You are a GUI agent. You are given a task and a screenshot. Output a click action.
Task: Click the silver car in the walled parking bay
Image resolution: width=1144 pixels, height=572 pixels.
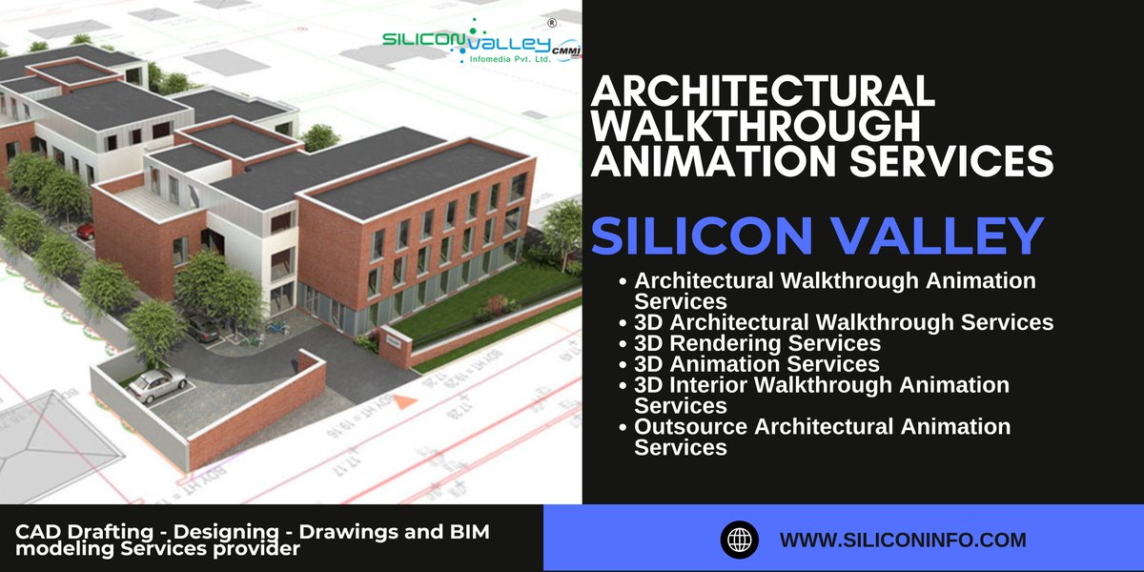pyautogui.click(x=157, y=384)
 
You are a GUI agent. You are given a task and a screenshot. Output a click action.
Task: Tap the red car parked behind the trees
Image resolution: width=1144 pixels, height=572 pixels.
pyautogui.click(x=85, y=230)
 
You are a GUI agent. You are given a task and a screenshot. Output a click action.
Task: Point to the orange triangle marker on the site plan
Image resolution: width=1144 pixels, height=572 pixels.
pyautogui.click(x=406, y=404)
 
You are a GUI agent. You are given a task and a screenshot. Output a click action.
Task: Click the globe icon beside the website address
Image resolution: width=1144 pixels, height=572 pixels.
pyautogui.click(x=737, y=540)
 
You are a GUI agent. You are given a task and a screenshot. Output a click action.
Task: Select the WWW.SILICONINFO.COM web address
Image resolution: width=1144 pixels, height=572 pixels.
pyautogui.click(x=903, y=540)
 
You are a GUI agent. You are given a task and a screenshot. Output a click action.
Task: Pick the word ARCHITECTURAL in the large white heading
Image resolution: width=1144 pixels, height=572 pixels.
pyautogui.click(x=763, y=92)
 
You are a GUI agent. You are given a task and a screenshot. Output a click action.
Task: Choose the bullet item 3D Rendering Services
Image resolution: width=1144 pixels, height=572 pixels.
pyautogui.click(x=757, y=342)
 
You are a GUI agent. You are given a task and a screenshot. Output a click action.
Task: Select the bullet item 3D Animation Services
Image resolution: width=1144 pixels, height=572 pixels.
pyautogui.click(x=757, y=363)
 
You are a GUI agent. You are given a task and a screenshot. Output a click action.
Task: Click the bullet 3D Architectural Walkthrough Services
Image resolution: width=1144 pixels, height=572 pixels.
pyautogui.click(x=844, y=322)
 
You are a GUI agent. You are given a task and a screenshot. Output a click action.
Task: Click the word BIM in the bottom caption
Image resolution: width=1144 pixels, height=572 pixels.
pyautogui.click(x=463, y=532)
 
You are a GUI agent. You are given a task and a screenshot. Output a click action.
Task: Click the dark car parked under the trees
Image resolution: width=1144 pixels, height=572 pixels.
pyautogui.click(x=202, y=330)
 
